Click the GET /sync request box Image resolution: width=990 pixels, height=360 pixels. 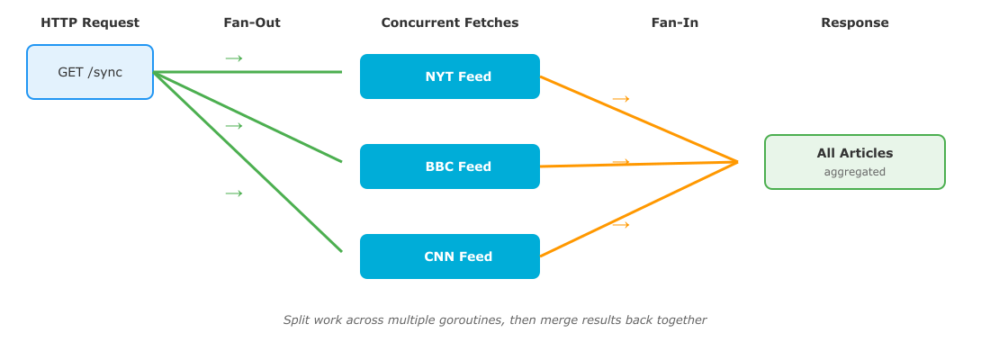pyautogui.click(x=90, y=72)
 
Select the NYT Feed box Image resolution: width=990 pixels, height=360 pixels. pyautogui.click(x=449, y=76)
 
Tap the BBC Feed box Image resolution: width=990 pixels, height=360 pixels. pyautogui.click(x=449, y=166)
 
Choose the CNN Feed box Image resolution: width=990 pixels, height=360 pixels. pyautogui.click(x=449, y=256)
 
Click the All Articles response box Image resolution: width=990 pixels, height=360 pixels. pyautogui.click(x=855, y=162)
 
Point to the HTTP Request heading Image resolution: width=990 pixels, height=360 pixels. pyautogui.click(x=90, y=22)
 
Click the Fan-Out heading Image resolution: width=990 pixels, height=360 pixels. pyautogui.click(x=252, y=22)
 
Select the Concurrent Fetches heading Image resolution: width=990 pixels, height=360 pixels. pyautogui.click(x=449, y=22)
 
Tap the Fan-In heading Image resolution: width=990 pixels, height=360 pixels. pyautogui.click(x=675, y=22)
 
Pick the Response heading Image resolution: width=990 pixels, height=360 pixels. pyautogui.click(x=855, y=22)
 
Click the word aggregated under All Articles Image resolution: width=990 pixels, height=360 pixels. pyautogui.click(x=855, y=172)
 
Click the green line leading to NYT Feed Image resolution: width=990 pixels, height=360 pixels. pyautogui.click(x=247, y=72)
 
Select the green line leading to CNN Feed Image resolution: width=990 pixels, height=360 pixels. pyautogui.click(x=247, y=162)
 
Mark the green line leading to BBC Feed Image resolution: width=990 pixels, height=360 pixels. pyautogui.click(x=247, y=117)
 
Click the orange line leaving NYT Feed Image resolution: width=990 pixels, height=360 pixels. pyautogui.click(x=639, y=120)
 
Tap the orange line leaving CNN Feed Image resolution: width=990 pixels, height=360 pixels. pyautogui.click(x=639, y=209)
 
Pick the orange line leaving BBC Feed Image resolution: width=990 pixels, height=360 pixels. pyautogui.click(x=639, y=164)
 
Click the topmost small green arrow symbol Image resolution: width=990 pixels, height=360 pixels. pyautogui.click(x=234, y=58)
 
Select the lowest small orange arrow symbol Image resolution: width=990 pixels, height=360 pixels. pyautogui.click(x=621, y=225)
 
